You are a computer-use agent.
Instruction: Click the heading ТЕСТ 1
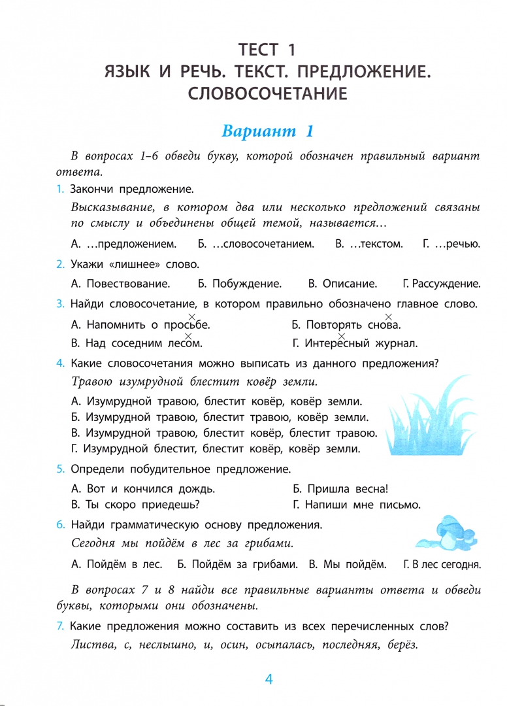267,50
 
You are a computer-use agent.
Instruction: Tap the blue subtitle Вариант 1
268,131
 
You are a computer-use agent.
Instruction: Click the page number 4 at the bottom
269,679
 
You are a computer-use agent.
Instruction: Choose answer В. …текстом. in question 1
368,244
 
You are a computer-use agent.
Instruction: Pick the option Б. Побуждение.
239,284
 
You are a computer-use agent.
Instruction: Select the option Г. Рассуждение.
442,284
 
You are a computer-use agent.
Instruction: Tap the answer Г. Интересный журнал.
354,343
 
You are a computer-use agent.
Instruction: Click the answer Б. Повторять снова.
346,324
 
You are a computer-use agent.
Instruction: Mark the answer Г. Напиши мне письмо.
356,505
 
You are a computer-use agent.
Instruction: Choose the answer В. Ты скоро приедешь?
135,505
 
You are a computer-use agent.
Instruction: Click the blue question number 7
60,626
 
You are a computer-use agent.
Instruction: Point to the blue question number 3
60,303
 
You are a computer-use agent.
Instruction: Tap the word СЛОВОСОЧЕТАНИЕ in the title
267,93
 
